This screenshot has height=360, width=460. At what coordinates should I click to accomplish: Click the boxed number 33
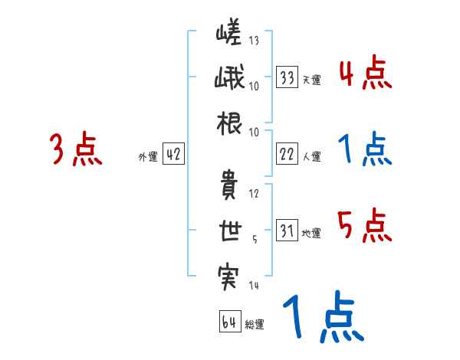click(287, 77)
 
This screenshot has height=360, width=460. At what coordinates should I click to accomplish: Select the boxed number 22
click(287, 154)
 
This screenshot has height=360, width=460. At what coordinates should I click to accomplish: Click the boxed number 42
click(173, 154)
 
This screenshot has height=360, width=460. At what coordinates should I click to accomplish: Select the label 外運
click(147, 156)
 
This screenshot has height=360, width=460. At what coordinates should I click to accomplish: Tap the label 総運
click(255, 324)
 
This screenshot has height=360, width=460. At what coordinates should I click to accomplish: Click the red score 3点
click(76, 150)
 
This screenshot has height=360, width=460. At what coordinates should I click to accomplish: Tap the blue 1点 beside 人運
click(364, 150)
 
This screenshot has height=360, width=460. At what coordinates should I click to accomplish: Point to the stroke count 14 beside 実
click(254, 285)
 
